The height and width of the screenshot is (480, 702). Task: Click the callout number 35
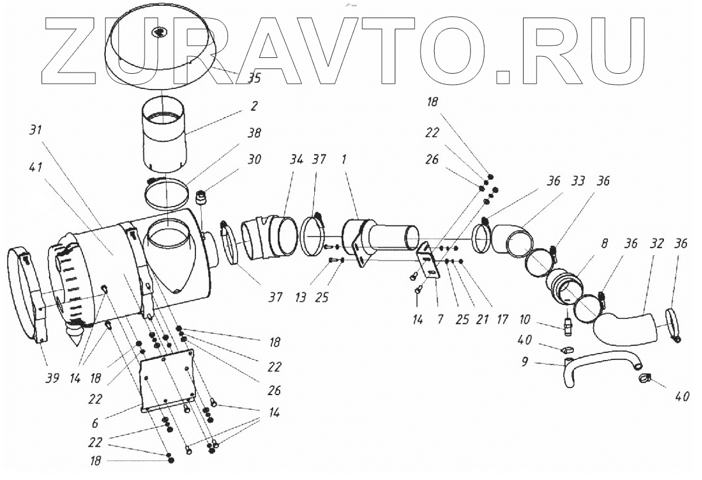pos(253,77)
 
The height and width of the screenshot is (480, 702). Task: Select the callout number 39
pos(52,379)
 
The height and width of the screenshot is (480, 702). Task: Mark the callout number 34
pos(298,159)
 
